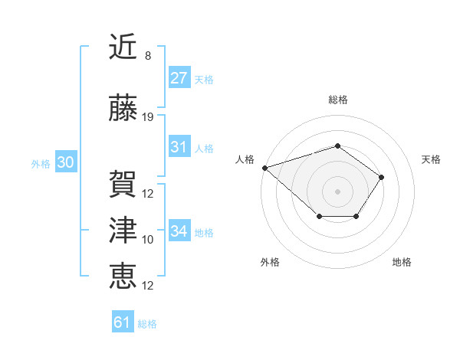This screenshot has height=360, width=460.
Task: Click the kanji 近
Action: pos(123,47)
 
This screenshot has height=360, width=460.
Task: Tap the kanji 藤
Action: pos(123,109)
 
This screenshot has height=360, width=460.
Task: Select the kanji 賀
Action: pos(123,185)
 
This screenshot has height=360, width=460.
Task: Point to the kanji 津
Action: pos(123,231)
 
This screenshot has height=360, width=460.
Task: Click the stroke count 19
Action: pos(148,117)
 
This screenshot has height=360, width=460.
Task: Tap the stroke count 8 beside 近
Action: pos(148,56)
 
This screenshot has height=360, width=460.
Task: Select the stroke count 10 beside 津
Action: pos(148,240)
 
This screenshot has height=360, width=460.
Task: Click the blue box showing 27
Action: pos(179,78)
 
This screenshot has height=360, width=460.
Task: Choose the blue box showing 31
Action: pos(179,147)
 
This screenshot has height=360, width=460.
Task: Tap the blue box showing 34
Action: pos(179,231)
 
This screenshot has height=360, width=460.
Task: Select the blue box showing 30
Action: pos(64,162)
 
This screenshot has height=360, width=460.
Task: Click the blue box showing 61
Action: pos(123,323)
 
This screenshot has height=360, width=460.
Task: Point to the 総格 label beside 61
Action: pos(147,324)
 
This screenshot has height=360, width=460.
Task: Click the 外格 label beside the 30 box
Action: pos(41,163)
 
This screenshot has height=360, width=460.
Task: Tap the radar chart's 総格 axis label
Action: pos(337,100)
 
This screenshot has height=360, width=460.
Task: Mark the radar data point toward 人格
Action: pos(264,167)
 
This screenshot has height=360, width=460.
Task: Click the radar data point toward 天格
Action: pos(382,178)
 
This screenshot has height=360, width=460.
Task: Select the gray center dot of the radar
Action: pos(337,191)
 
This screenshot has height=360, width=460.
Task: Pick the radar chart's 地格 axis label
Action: pos(402,262)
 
